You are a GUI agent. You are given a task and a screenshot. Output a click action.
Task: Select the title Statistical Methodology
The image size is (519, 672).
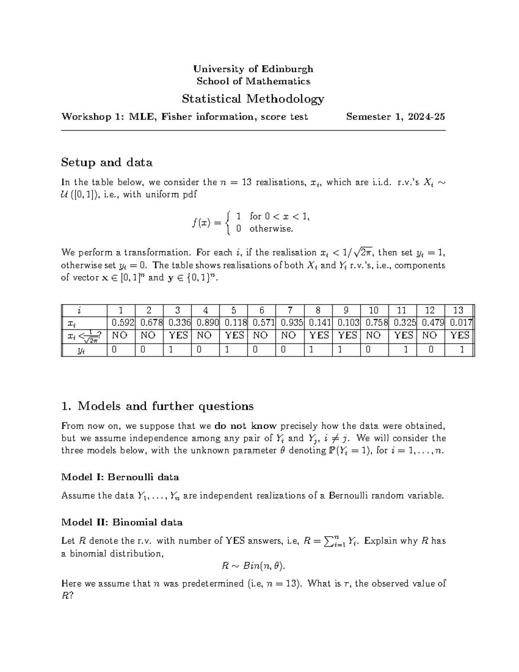point(253,99)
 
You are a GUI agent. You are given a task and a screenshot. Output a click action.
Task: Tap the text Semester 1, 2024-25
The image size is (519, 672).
point(395,116)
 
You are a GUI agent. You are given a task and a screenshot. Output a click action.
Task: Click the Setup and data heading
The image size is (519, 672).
point(107,163)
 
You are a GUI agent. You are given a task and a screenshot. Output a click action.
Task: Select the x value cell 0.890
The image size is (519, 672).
point(205,322)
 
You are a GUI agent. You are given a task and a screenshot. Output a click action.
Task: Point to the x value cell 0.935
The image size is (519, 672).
point(290,322)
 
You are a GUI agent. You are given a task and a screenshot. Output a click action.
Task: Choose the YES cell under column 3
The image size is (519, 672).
point(178,335)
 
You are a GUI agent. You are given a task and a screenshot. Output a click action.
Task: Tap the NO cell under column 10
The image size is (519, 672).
point(373,335)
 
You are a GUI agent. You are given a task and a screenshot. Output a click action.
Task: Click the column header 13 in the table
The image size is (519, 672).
point(458,310)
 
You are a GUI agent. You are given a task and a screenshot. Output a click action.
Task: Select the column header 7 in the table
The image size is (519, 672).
point(290,310)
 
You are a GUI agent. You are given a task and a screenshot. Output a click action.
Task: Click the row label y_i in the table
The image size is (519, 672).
point(81,350)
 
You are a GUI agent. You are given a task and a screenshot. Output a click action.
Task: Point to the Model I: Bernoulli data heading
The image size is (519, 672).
point(120,477)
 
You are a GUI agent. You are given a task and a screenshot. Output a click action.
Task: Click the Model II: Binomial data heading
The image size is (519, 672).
point(122,522)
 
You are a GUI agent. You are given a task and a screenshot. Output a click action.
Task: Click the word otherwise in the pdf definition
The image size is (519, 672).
point(271,229)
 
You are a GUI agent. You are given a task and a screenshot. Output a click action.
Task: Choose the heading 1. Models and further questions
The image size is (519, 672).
point(157,406)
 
